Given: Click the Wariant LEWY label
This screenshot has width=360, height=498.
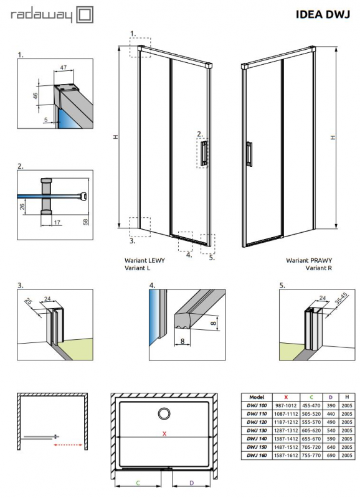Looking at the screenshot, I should (143, 261).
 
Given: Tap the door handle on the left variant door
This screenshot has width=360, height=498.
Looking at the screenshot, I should (204, 154).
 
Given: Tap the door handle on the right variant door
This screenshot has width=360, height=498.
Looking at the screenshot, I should (249, 154).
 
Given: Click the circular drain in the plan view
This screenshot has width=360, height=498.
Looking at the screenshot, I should (165, 413).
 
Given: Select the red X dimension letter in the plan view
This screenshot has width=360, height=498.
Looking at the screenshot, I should (164, 434).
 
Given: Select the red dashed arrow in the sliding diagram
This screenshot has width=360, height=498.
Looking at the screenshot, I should (69, 444).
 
